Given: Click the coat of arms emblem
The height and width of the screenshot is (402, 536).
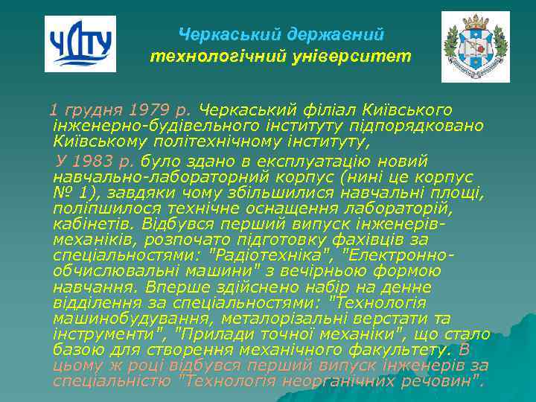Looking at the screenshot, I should coord(475,46).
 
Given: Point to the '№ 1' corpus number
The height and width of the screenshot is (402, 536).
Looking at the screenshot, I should coord(68,193).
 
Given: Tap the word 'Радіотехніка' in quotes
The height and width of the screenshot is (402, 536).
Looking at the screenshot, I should coord(260,255).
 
